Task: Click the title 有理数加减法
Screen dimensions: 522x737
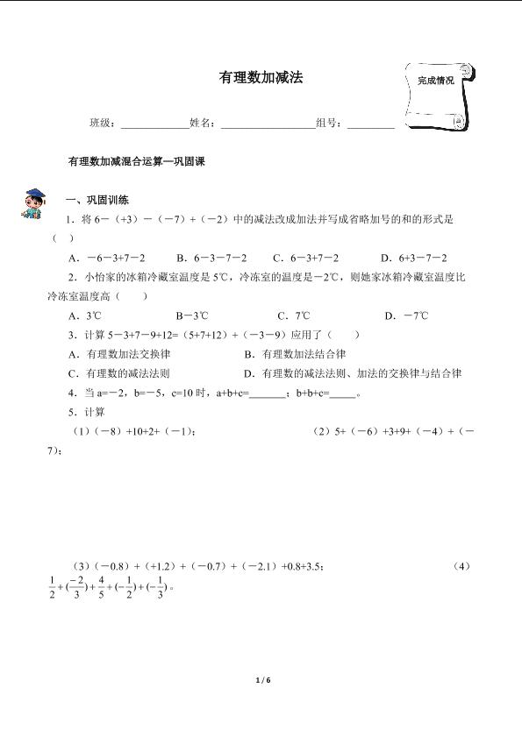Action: tap(261, 78)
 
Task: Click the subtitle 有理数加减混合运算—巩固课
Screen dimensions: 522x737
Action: tap(135, 161)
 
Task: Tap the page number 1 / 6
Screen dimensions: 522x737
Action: tap(261, 679)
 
